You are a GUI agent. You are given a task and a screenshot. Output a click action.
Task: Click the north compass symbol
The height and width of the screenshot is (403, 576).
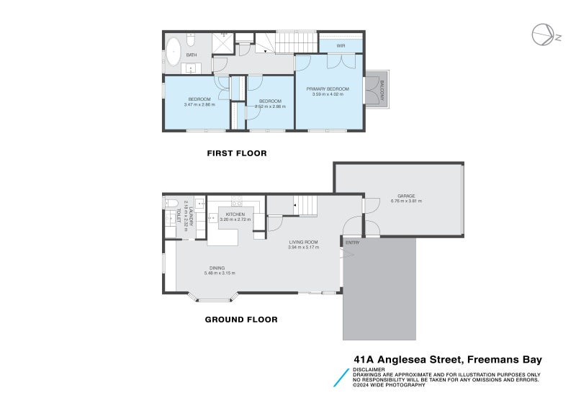pyautogui.click(x=541, y=33)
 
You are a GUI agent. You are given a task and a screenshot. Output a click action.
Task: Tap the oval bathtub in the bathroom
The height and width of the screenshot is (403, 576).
pyautogui.click(x=173, y=53)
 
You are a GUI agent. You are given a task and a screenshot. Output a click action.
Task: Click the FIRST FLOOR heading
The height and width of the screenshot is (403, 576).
pyautogui.click(x=237, y=153)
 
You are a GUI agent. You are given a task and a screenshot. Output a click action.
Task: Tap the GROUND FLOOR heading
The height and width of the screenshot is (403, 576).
pyautogui.click(x=241, y=320)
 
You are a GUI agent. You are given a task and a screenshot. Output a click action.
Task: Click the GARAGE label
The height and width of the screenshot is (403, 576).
pyautogui.click(x=407, y=196)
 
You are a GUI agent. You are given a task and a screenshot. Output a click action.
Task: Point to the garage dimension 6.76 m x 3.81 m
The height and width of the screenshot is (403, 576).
pyautogui.click(x=407, y=201)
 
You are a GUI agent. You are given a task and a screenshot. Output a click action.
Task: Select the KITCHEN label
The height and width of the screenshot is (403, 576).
pyautogui.click(x=235, y=214)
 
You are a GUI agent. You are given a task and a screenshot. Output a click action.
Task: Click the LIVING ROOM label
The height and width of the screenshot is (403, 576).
pyautogui.click(x=304, y=242)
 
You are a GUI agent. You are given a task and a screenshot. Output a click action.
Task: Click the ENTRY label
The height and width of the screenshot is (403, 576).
pyautogui.click(x=352, y=243)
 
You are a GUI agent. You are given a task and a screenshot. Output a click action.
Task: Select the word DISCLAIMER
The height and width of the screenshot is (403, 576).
pyautogui.click(x=369, y=370)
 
